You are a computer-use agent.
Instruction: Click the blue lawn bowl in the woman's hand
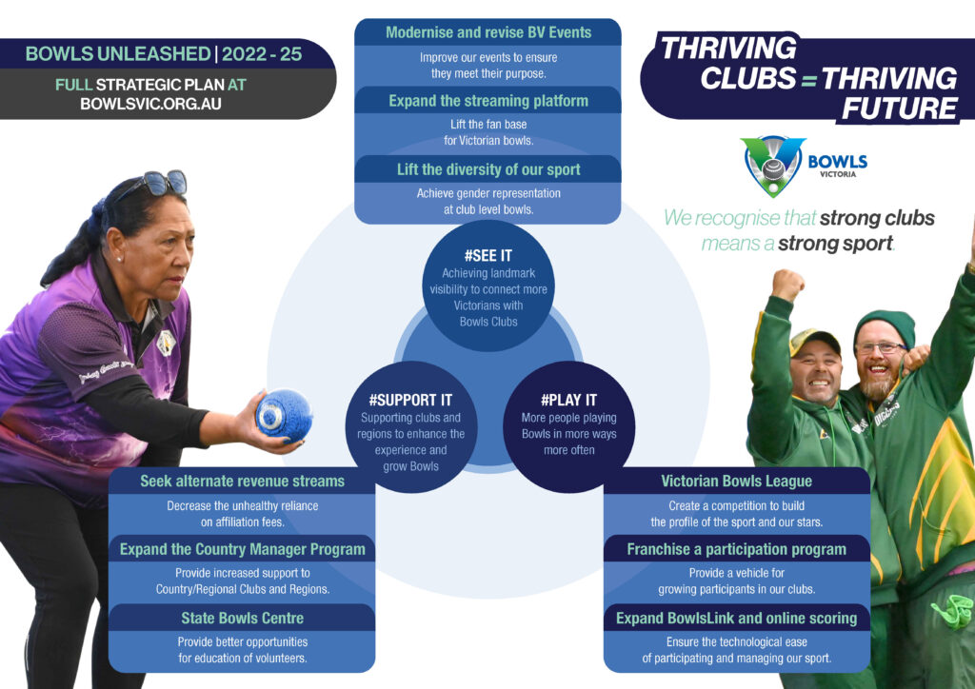[284, 415]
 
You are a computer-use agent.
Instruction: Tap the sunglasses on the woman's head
[157, 184]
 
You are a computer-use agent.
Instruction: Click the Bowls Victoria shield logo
[773, 166]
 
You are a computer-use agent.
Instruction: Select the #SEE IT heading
[488, 255]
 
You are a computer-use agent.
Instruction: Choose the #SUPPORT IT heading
[410, 400]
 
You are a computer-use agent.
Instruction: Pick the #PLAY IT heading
[568, 400]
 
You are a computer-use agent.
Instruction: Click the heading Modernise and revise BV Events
[488, 32]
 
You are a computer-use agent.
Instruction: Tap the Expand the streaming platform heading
[488, 101]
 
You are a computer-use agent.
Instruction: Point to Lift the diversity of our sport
[488, 169]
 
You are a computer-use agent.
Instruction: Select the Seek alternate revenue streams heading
[242, 481]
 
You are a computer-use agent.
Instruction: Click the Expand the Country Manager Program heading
[242, 549]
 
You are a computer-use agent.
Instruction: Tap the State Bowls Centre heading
[242, 619]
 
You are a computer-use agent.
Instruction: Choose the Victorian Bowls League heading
[736, 481]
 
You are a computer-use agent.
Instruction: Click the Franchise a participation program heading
[736, 549]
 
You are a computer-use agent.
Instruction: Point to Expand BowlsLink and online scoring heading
[736, 619]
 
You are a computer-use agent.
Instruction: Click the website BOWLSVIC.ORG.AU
[150, 104]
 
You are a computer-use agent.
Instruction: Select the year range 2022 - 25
[262, 54]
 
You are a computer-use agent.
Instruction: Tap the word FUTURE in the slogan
[899, 108]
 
